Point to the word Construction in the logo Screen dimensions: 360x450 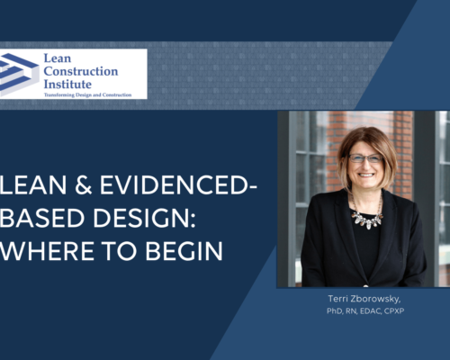click(91, 71)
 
